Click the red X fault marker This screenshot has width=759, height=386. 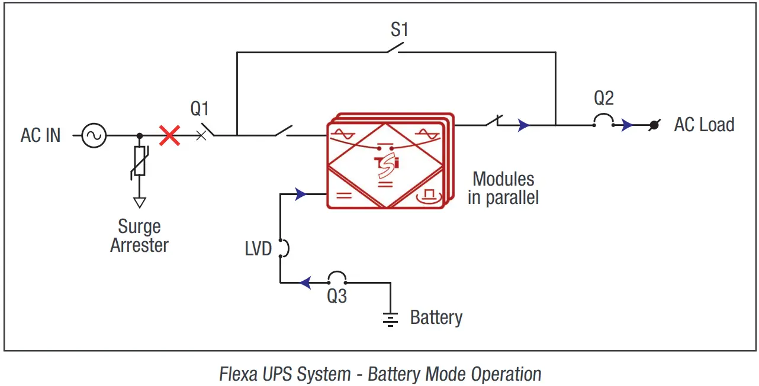tap(170, 135)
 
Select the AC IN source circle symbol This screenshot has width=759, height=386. tap(94, 135)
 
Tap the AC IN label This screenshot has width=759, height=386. tap(40, 135)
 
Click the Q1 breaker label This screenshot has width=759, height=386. tap(200, 109)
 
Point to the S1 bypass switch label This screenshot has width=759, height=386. tap(400, 30)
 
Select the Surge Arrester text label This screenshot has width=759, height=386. tap(139, 236)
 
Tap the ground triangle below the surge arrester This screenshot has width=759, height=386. tap(139, 202)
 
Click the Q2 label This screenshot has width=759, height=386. tap(604, 98)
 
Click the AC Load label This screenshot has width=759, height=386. tap(704, 125)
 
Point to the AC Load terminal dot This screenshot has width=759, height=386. tap(654, 125)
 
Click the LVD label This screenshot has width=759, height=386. tap(258, 249)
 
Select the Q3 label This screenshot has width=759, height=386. tap(337, 296)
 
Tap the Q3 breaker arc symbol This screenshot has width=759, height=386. tap(337, 277)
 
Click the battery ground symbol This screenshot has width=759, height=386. tap(390, 319)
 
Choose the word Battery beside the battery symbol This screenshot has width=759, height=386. tap(436, 317)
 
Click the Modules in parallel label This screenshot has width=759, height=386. tap(503, 188)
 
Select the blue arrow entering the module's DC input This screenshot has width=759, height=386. tap(301, 194)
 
